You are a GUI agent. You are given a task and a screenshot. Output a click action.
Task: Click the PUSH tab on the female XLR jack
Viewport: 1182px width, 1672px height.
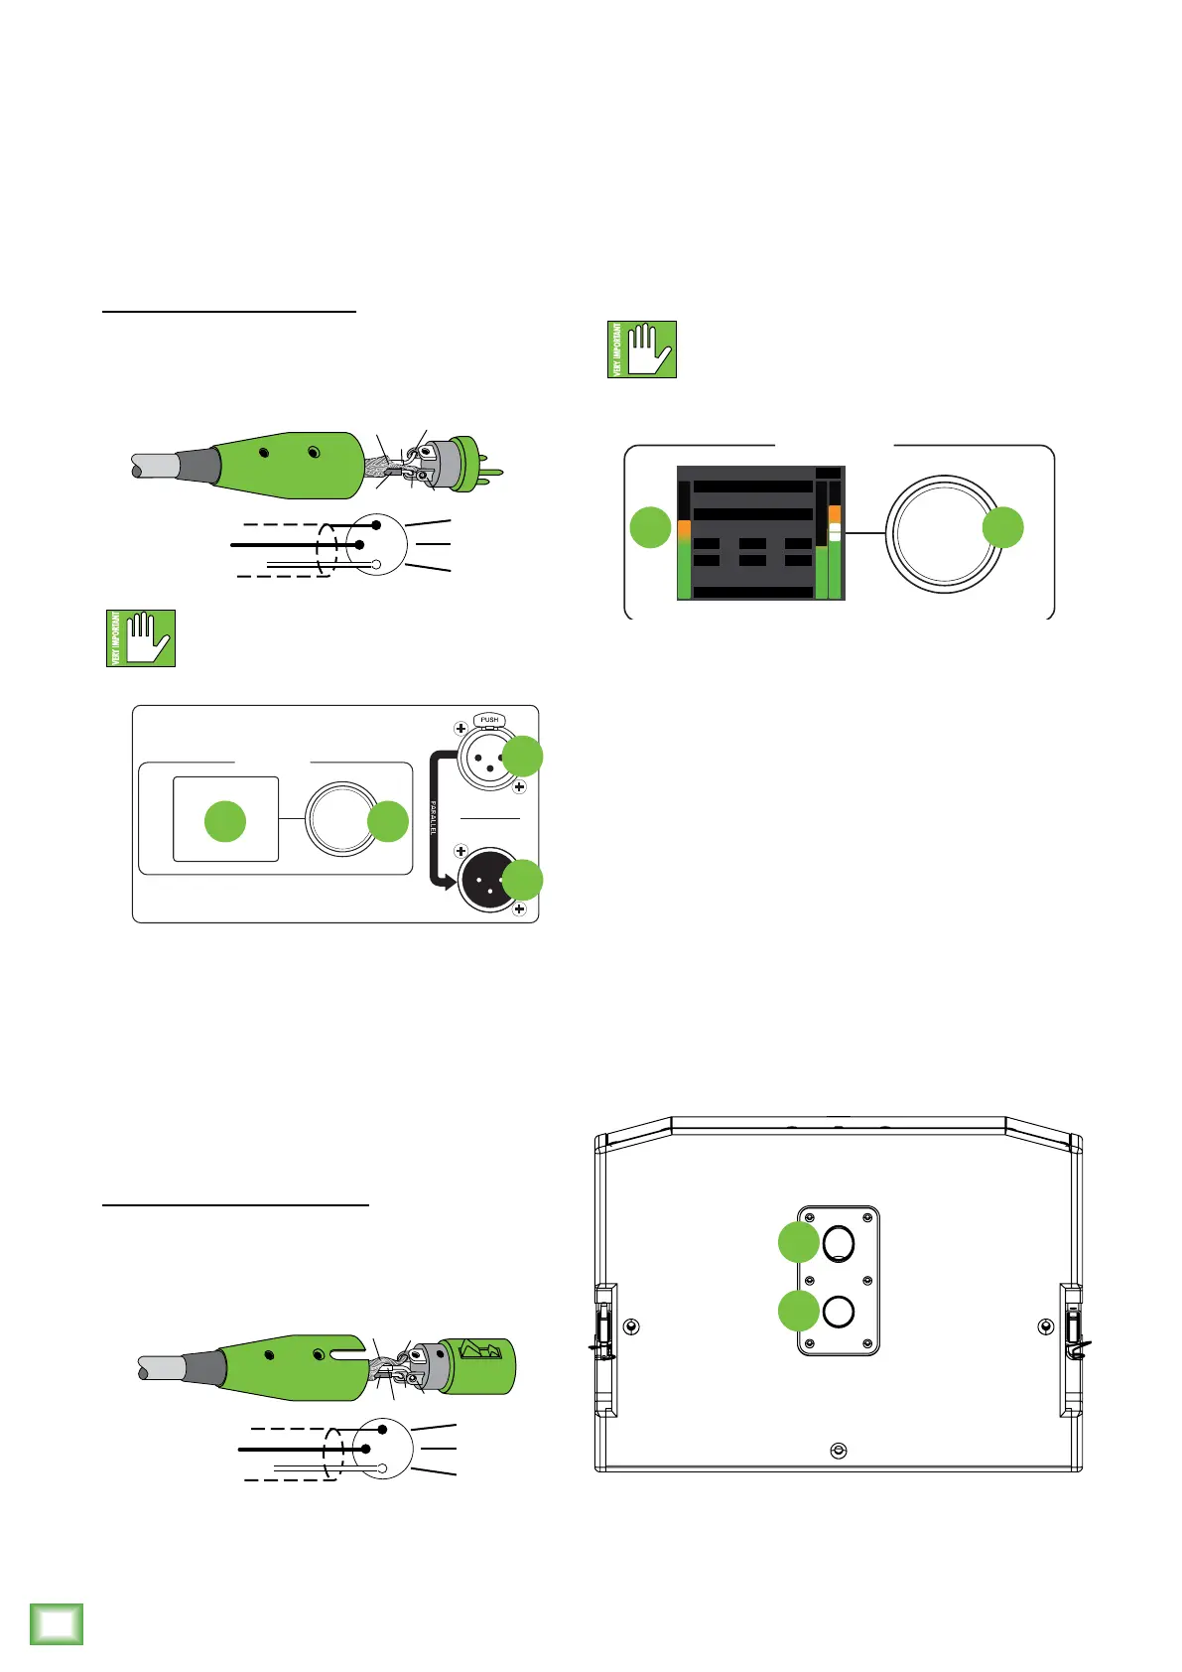coord(489,720)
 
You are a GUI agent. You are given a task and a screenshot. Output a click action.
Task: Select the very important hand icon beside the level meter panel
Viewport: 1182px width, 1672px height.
coord(642,349)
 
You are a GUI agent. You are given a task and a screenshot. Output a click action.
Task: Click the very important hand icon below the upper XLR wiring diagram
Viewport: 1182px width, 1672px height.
coord(141,637)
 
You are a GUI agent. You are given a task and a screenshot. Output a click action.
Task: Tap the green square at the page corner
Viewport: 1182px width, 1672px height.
coord(57,1623)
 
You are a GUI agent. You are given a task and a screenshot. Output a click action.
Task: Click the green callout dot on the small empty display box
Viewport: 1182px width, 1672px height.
coord(225,821)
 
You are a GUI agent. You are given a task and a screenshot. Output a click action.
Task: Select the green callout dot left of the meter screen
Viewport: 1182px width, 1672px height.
coord(651,526)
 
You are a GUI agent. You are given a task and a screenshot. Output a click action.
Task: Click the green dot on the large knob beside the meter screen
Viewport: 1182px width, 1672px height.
coord(1002,527)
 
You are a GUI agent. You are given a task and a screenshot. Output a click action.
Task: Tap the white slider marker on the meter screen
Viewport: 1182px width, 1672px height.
coord(835,533)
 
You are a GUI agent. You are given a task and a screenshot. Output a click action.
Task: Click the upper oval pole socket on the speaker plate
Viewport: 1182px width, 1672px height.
coord(839,1241)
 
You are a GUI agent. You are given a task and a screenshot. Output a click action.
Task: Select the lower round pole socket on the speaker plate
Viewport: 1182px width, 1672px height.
coord(839,1312)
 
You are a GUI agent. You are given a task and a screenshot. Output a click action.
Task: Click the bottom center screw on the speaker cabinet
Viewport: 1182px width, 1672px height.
coord(839,1451)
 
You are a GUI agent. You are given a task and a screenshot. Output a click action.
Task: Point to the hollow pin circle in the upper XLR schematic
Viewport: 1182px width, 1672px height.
coord(377,565)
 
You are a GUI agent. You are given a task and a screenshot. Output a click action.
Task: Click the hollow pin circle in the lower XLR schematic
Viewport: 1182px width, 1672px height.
coord(382,1466)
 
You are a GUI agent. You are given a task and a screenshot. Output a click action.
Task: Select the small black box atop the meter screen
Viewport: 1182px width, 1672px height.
coord(828,473)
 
